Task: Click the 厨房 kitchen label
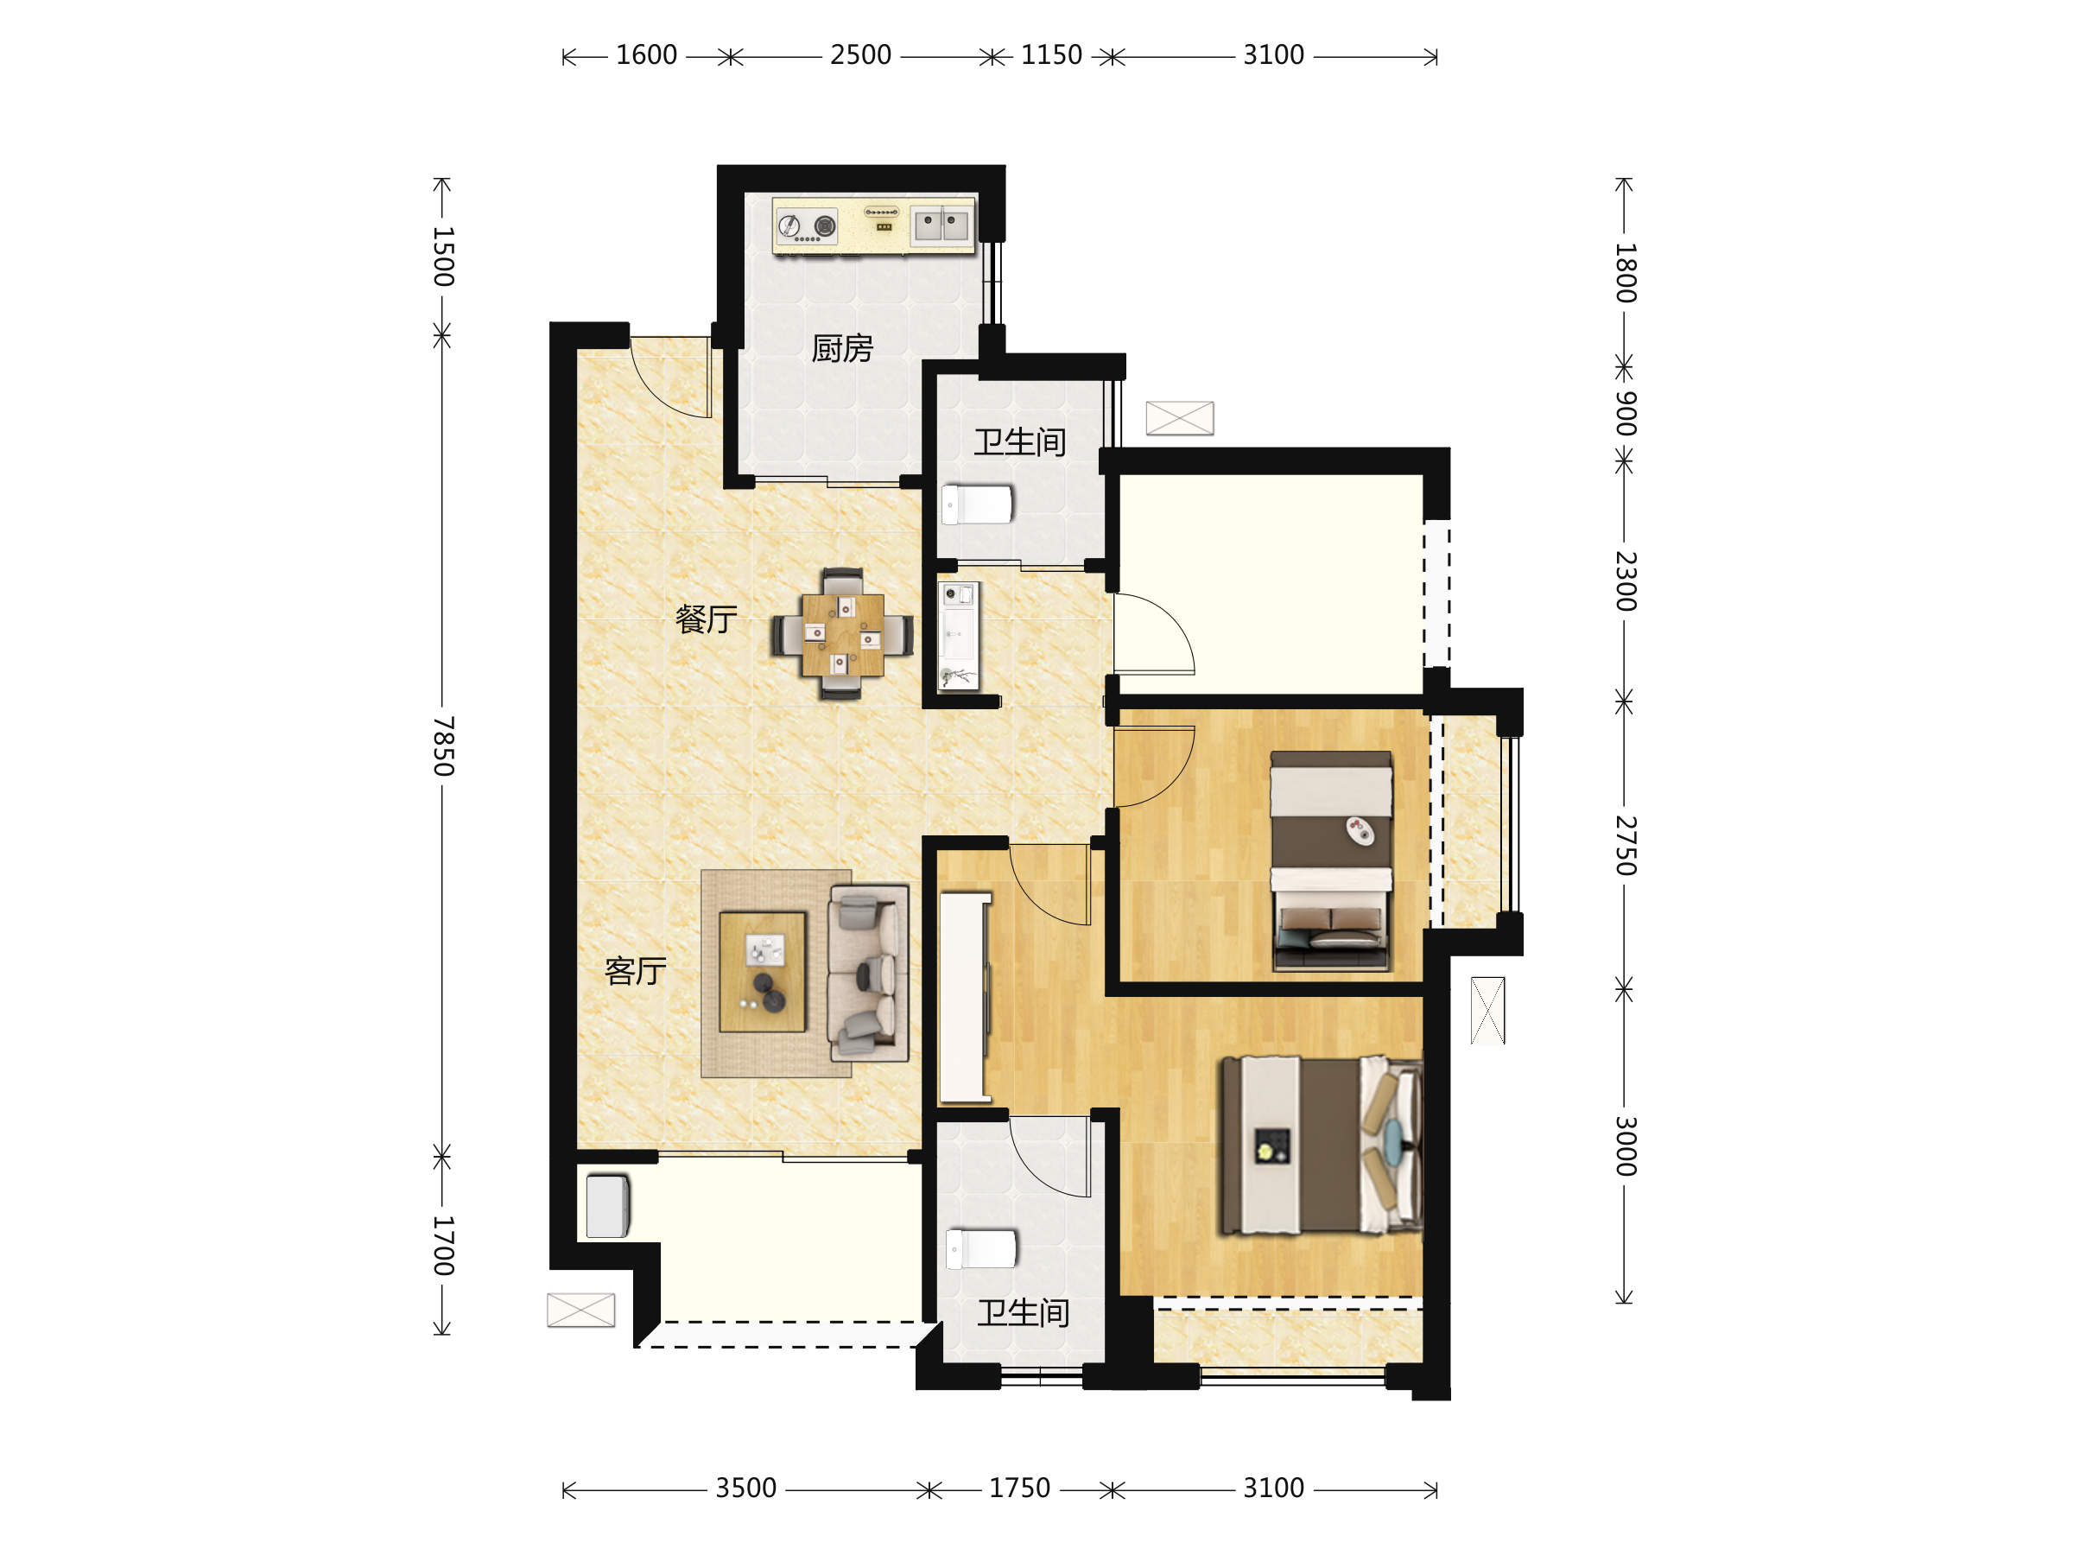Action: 841,349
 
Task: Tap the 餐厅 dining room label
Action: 706,619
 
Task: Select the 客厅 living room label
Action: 636,971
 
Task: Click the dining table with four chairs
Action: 842,635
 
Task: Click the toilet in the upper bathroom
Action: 978,505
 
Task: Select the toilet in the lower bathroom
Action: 981,1248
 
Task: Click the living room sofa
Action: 868,973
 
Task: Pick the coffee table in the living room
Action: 763,972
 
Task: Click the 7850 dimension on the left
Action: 443,746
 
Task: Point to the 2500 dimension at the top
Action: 860,55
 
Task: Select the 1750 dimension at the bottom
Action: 1019,1488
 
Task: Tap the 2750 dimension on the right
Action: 1626,846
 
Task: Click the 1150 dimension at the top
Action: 1051,55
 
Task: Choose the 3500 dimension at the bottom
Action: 746,1488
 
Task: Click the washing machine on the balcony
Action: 608,1206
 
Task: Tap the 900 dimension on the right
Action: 1626,413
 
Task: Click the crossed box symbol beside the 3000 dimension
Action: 1487,1011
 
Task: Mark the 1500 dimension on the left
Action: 443,256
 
